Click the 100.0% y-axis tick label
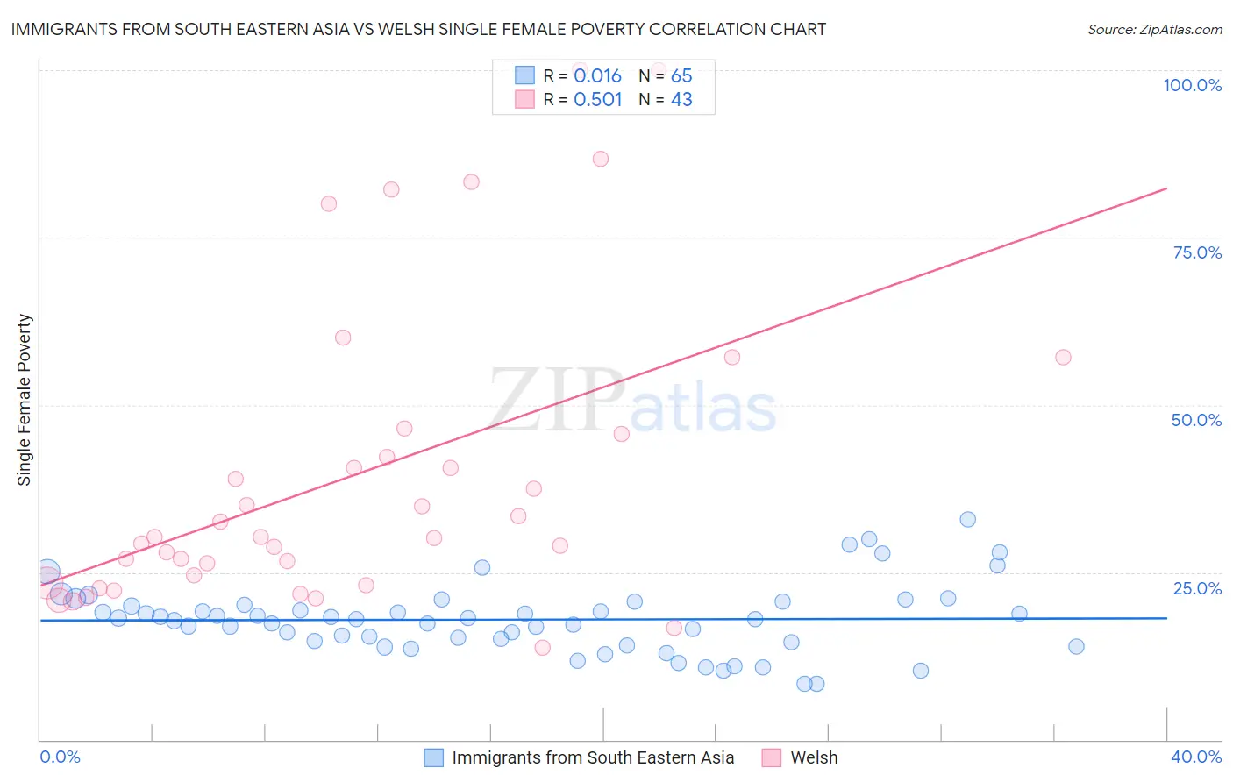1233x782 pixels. point(1192,85)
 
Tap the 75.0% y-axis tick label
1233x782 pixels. point(1197,252)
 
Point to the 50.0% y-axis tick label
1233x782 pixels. point(1196,420)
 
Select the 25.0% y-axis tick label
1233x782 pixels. point(1197,587)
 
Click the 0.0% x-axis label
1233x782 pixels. point(60,757)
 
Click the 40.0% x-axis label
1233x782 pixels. point(1195,757)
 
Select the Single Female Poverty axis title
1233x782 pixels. point(25,400)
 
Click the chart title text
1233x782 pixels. point(418,29)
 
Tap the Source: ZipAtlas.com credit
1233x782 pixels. point(1154,30)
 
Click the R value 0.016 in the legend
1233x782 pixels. point(597,76)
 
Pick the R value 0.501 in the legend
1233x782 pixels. point(597,100)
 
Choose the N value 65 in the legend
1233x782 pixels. point(681,76)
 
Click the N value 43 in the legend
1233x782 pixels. point(681,100)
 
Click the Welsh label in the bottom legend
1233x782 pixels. point(814,757)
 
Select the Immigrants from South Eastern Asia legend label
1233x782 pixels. point(593,757)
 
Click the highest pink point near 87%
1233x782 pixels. point(601,159)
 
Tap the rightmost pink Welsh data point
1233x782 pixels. point(1063,357)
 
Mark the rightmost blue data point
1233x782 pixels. point(1076,646)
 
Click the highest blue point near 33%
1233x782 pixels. point(967,519)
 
